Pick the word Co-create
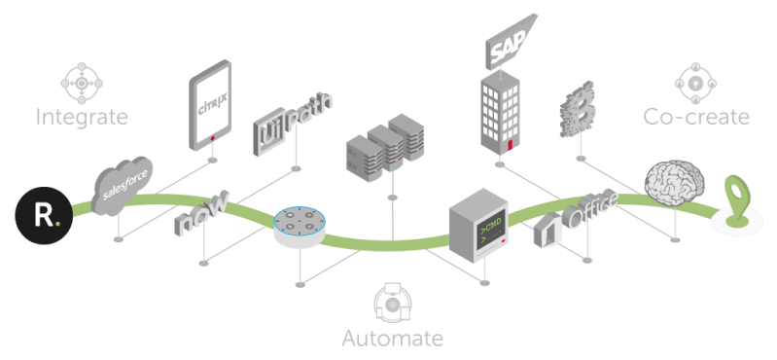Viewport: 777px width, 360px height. pyautogui.click(x=695, y=117)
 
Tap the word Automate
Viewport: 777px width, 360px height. pyautogui.click(x=392, y=338)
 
